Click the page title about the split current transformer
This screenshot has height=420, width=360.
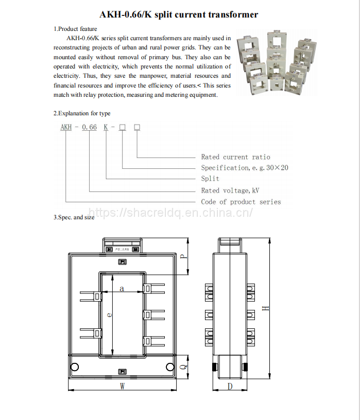point(179,14)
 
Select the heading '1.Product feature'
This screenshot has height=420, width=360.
point(75,29)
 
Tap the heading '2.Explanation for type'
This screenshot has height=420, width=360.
point(82,113)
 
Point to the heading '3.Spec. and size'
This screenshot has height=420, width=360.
point(74,217)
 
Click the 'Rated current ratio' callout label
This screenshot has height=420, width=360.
point(235,157)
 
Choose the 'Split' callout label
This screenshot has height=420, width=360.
point(210,179)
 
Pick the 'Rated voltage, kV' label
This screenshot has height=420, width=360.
point(230,190)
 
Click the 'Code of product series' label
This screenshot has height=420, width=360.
point(241,202)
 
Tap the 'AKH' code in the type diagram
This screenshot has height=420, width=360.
point(66,127)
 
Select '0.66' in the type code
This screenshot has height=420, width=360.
point(89,127)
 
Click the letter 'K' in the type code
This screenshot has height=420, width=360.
point(106,127)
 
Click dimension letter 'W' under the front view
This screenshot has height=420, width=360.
point(122,386)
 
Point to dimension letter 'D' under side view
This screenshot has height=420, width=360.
point(230,386)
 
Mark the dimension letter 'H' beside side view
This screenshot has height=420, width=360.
point(265,308)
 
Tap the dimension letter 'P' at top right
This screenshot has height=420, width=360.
point(183,256)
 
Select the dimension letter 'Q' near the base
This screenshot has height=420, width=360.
point(184,366)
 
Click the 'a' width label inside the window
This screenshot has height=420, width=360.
point(122,288)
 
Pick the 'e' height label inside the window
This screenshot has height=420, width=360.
point(109,314)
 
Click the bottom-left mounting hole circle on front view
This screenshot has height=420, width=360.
point(75,366)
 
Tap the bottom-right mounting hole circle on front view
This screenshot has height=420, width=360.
point(170,366)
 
